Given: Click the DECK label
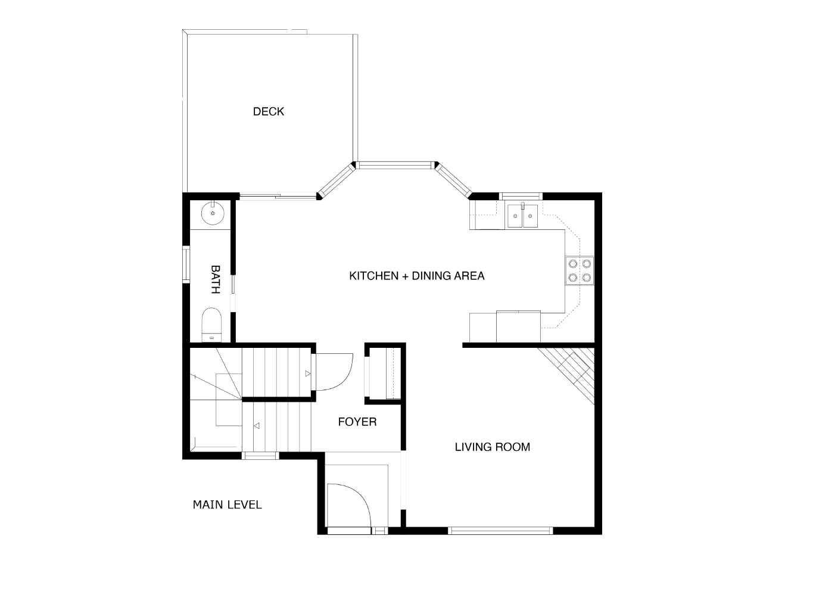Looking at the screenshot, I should click(x=269, y=111).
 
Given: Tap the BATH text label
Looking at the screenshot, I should click(x=215, y=279).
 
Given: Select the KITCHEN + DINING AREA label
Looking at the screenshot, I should click(x=416, y=276).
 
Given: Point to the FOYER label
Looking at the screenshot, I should click(x=357, y=422).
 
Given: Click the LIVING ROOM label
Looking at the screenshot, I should click(x=492, y=447).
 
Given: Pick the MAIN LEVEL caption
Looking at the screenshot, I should click(x=227, y=505).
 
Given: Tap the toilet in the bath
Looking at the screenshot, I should click(x=211, y=324).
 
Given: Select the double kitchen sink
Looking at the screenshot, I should click(x=522, y=216).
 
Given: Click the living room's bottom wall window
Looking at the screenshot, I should click(x=500, y=530).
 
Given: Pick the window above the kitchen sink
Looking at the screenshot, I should click(x=521, y=196).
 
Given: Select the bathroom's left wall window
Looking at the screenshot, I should click(x=186, y=264).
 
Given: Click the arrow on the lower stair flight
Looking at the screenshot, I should click(x=257, y=426).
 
